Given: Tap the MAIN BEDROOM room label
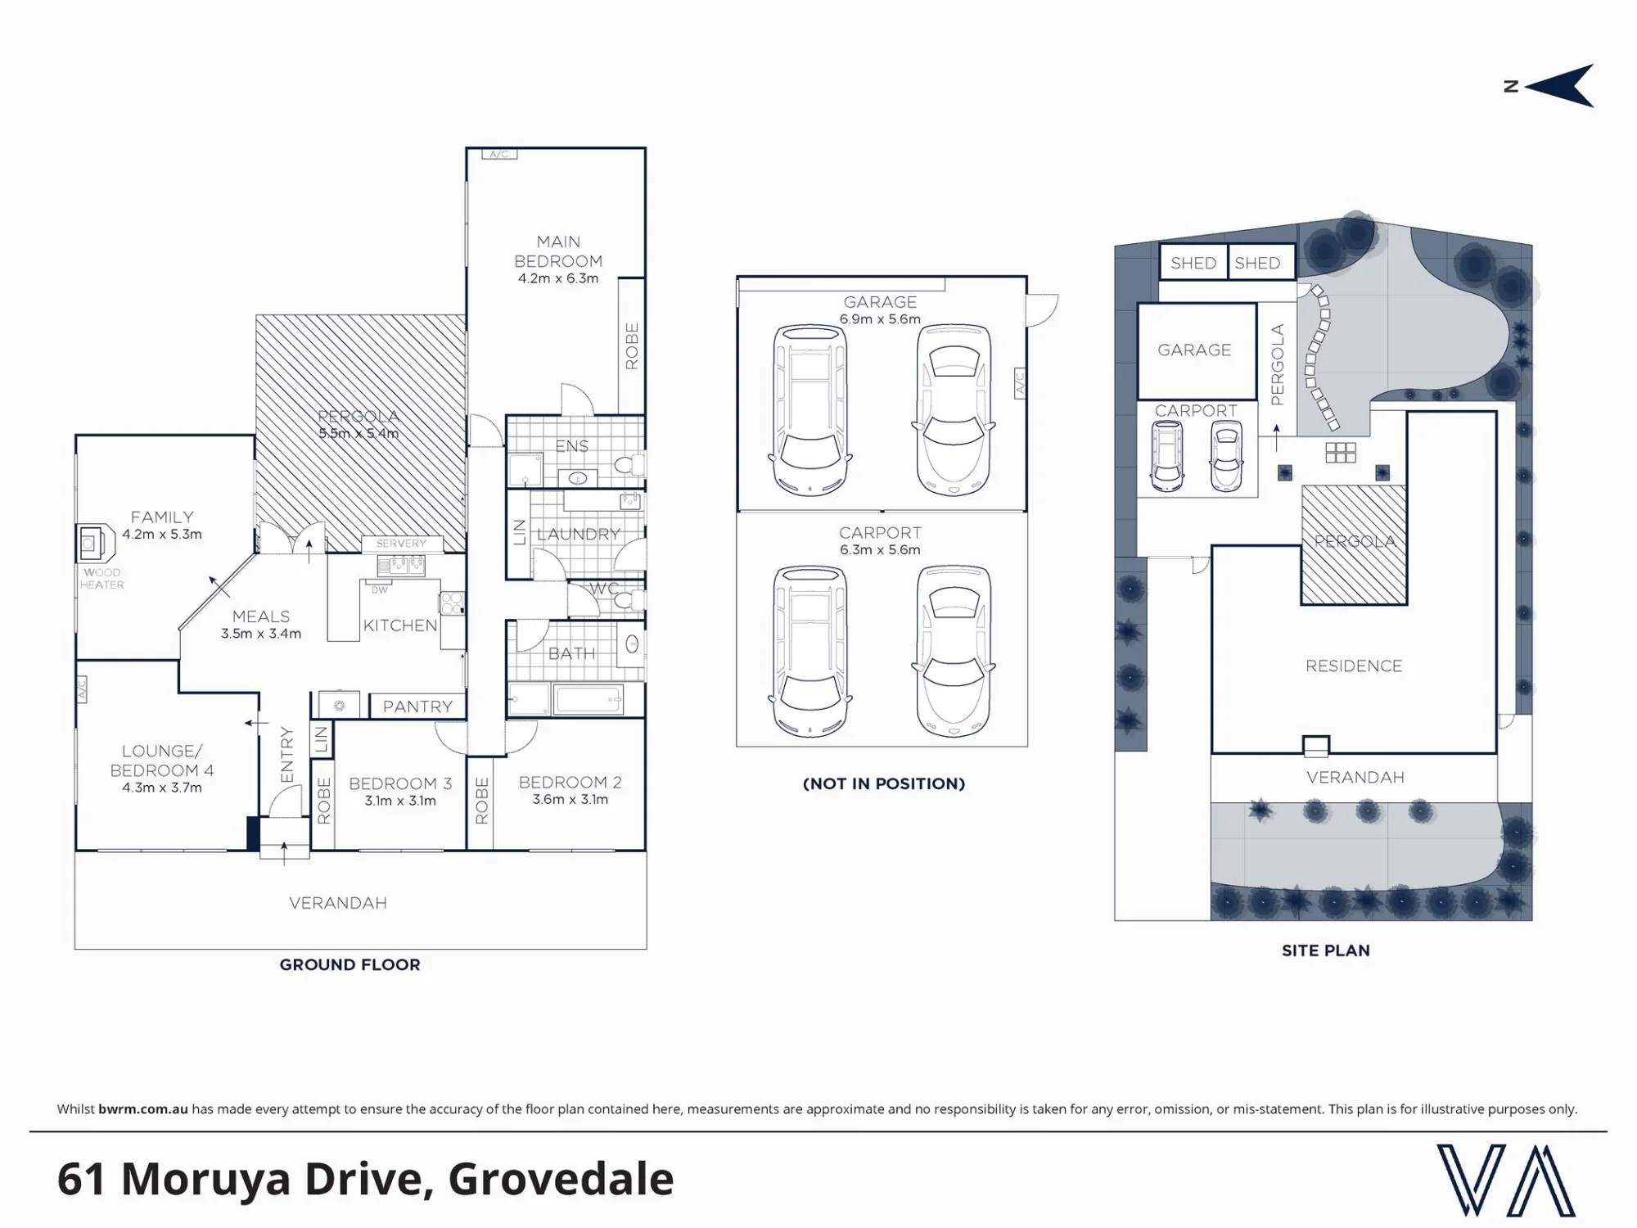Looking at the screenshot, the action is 558,251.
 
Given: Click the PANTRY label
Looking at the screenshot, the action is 417,707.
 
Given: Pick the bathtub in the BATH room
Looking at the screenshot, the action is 588,700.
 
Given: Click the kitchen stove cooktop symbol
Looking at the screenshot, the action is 452,603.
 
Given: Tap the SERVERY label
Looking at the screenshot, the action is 401,544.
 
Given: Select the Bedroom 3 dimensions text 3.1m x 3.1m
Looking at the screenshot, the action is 400,801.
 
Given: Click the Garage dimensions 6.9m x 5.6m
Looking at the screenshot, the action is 880,319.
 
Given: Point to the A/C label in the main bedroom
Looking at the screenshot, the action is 499,154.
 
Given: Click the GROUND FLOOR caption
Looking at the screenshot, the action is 349,964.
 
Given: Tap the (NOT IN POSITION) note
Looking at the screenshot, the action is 884,783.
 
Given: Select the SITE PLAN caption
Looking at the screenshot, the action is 1325,950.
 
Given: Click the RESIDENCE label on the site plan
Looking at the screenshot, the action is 1354,666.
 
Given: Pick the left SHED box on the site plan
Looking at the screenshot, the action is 1193,262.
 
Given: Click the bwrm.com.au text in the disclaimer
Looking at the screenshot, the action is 143,1109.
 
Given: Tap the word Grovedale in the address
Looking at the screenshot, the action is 561,1179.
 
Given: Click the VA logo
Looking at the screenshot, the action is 1506,1180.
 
